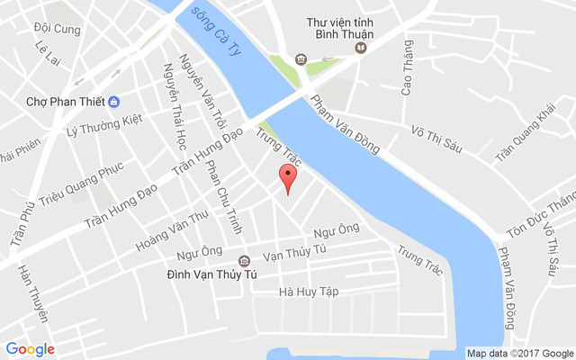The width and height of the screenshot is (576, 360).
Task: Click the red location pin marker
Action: pyautogui.click(x=287, y=179)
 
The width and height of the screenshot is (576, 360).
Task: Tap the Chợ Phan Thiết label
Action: pyautogui.click(x=65, y=101)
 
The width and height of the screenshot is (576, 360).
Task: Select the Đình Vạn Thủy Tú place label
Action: pyautogui.click(x=212, y=274)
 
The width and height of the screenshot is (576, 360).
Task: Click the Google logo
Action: pyautogui.click(x=31, y=349)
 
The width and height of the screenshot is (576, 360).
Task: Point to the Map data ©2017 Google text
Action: pyautogui.click(x=519, y=353)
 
